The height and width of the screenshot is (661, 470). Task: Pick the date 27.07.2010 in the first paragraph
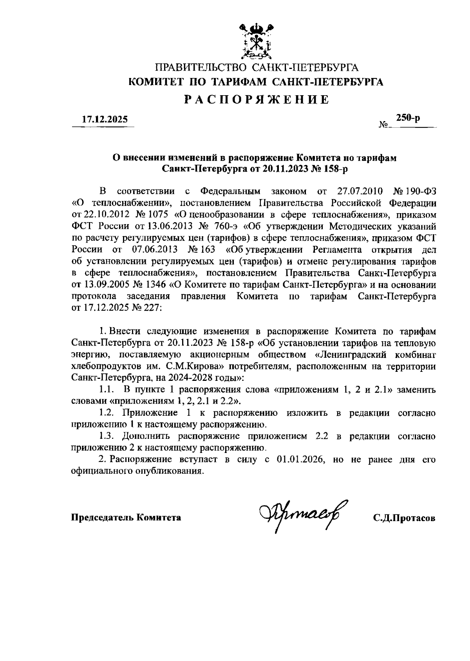[359, 192]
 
